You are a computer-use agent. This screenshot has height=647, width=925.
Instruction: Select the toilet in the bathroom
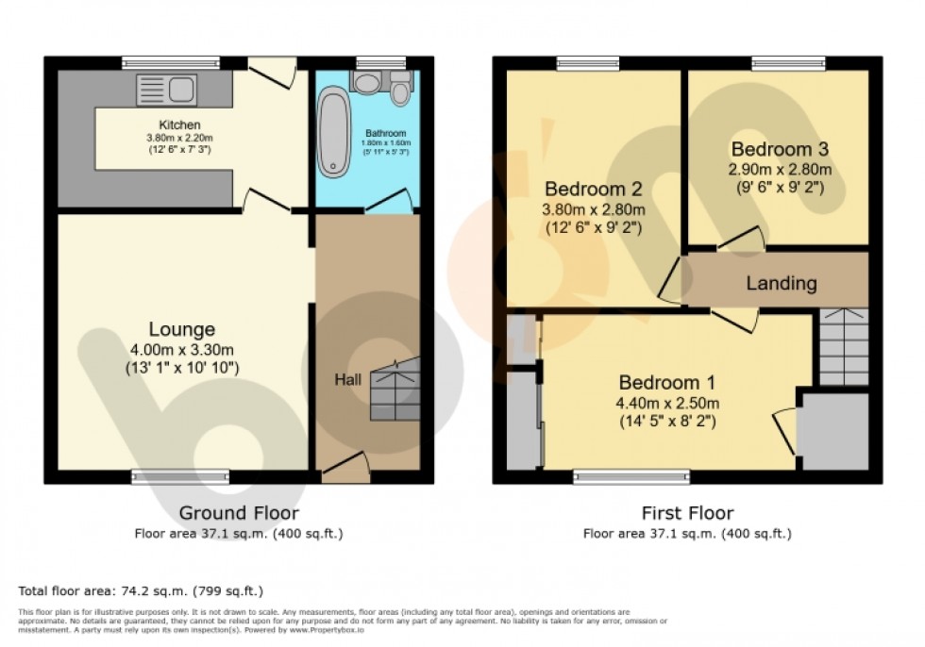click(x=401, y=92)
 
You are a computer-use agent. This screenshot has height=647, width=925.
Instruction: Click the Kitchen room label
click(x=178, y=125)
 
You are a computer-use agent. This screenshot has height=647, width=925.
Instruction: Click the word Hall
click(x=345, y=379)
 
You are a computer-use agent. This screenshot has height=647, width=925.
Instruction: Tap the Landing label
click(x=781, y=283)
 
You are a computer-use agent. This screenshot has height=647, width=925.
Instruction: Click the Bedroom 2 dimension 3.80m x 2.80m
click(x=594, y=209)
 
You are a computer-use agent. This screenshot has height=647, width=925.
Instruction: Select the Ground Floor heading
click(x=239, y=514)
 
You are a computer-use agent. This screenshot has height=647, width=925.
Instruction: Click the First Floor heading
click(x=686, y=514)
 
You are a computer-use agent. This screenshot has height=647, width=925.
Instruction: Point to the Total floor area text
click(x=140, y=591)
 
